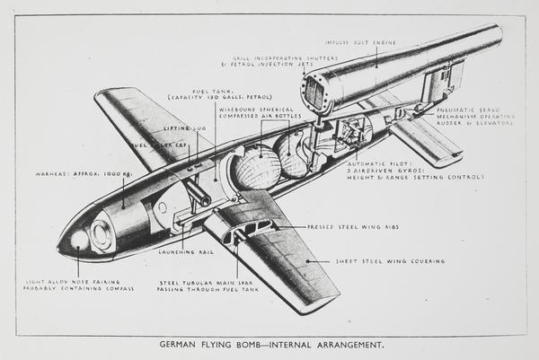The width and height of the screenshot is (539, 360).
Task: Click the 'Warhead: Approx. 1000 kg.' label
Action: (77, 172)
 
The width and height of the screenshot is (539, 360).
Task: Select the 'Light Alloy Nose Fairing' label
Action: (76, 285)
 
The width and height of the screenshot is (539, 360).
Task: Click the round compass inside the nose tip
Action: (78, 240)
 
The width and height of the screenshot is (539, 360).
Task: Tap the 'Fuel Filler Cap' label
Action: (160, 145)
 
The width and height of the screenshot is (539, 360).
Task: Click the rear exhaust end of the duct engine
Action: (496, 38)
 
